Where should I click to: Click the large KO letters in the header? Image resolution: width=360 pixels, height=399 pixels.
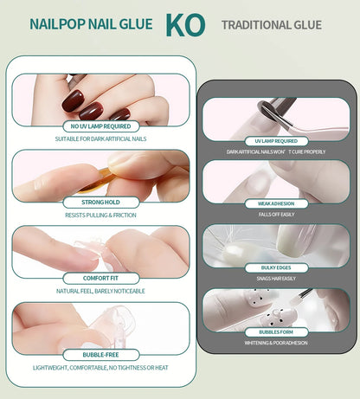[184, 24]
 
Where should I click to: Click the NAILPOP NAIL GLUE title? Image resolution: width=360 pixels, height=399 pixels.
[92, 25]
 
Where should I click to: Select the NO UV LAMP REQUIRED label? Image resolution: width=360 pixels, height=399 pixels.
[101, 126]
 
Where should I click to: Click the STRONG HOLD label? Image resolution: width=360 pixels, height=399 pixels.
[101, 203]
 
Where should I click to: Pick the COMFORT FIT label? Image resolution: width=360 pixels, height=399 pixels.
[101, 279]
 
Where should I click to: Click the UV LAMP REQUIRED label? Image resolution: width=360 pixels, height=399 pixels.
[276, 141]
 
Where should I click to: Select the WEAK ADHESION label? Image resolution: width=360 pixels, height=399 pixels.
[276, 204]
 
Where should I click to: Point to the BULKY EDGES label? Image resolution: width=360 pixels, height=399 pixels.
[276, 267]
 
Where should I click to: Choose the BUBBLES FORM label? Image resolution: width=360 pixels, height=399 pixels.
[276, 331]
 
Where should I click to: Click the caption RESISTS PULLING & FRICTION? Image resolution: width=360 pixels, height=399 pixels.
[101, 215]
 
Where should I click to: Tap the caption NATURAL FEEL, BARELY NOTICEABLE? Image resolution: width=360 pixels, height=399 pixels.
[101, 291]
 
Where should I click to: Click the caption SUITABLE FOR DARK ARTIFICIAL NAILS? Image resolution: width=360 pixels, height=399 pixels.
[101, 138]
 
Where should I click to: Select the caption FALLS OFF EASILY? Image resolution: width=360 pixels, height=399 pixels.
[276, 215]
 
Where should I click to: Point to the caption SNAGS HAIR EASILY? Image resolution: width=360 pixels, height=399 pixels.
[276, 278]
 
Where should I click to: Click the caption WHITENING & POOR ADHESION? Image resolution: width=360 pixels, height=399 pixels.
[276, 343]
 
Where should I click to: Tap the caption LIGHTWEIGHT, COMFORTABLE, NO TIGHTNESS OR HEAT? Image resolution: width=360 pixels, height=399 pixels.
[101, 367]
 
